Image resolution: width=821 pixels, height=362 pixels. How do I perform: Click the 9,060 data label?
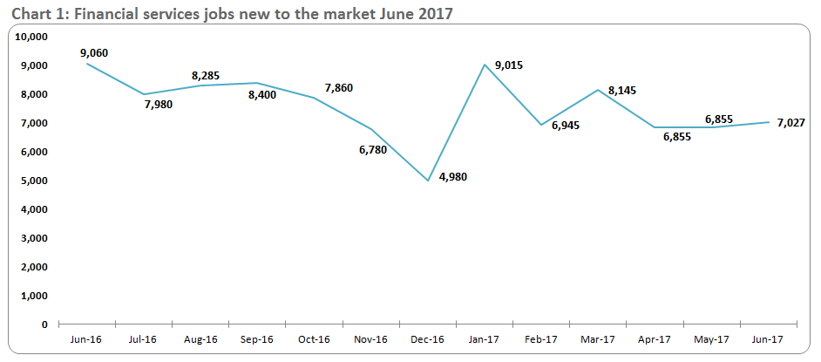tap(93, 53)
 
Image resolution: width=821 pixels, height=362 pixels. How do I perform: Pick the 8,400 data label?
tap(261, 94)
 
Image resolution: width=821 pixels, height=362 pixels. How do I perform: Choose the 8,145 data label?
tap(600, 90)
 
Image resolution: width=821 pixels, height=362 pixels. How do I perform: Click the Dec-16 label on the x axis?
tap(427, 339)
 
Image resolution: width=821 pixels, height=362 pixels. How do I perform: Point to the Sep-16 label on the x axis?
tap(256, 339)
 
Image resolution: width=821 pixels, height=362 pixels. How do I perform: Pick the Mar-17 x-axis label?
tap(599, 339)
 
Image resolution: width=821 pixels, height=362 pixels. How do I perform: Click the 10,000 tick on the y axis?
tap(31, 37)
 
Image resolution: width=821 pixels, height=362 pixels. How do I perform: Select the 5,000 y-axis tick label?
tap(33, 181)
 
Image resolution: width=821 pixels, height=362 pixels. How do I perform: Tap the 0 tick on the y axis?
tap(44, 324)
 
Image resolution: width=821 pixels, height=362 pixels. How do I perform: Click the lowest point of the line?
tap(428, 181)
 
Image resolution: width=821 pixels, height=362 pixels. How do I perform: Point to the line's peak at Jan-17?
tap(485, 65)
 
